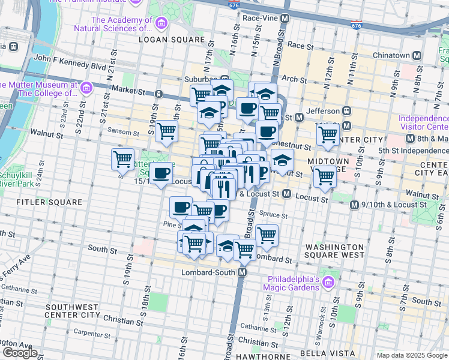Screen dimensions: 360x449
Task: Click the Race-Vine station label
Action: tap(261, 19)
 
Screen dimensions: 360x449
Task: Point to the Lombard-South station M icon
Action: tap(243, 272)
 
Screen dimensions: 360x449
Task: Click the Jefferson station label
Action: tap(322, 110)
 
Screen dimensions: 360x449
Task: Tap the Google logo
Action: tap(20, 352)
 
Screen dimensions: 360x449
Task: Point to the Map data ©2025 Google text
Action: tap(411, 355)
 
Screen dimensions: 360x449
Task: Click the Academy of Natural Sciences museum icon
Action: tap(161, 23)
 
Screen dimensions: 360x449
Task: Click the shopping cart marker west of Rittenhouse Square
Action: tap(122, 159)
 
